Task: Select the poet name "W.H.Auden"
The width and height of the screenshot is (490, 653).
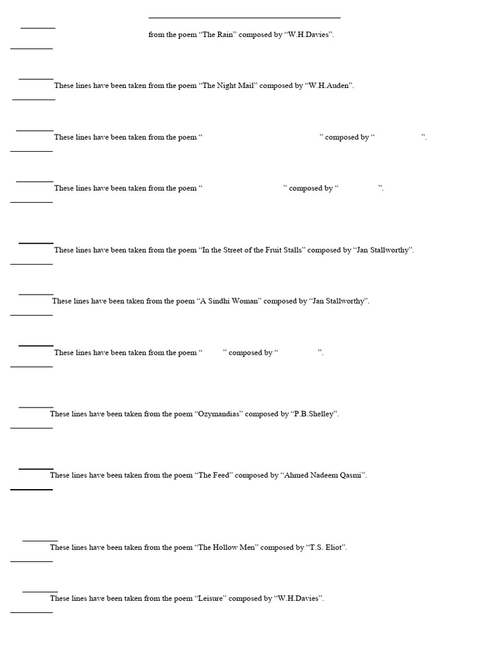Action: [x=329, y=86]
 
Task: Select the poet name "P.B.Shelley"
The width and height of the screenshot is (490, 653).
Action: [x=314, y=414]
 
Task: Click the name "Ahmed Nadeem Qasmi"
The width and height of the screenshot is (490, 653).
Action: [x=323, y=475]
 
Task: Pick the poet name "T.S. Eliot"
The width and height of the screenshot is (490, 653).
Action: [x=326, y=547]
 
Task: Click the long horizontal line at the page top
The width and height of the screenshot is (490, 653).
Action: [x=244, y=18]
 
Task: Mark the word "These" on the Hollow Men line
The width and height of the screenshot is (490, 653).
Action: [x=60, y=547]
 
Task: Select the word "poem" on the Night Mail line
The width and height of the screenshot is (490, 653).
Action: [x=186, y=86]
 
